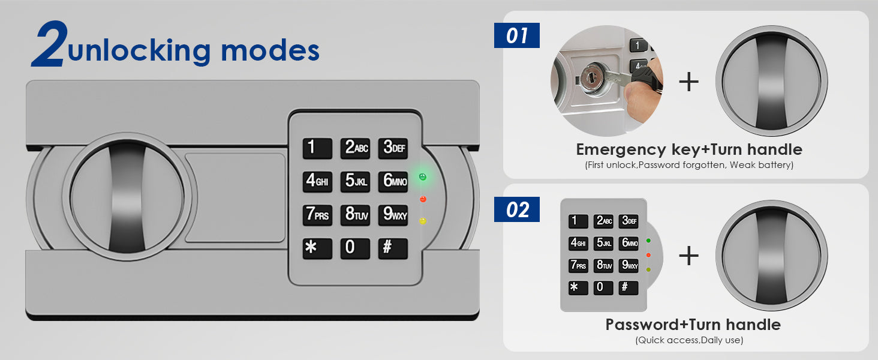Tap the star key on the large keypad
pos(317,248)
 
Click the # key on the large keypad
pos(393,248)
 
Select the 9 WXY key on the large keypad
pos(393,215)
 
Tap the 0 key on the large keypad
pos(355,248)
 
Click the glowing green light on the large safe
pos(423,177)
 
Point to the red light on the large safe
pos(423,199)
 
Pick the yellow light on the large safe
pos(423,221)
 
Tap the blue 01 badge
pos(516,36)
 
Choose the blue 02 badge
pos(516,210)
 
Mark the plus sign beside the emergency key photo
pos(689,82)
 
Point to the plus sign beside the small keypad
pos(689,256)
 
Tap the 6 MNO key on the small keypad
pos(629,243)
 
